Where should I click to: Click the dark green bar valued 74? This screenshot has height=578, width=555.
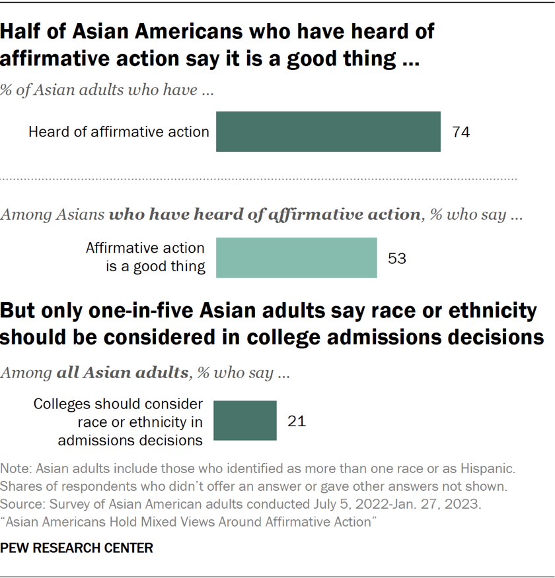328,132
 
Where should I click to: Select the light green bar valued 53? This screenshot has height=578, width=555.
297,258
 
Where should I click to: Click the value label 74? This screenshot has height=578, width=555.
461,132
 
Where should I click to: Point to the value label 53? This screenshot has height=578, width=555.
396,258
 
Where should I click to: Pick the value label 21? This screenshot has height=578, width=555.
297,420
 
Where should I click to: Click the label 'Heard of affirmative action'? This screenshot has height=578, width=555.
119,132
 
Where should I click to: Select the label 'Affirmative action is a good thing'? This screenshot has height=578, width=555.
145,258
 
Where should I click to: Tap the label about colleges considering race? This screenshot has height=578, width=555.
118,420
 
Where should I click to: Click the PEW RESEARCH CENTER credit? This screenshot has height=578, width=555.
77,548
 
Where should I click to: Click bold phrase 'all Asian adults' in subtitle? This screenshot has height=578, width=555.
122,372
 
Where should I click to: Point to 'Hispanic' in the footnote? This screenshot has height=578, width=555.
490,470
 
